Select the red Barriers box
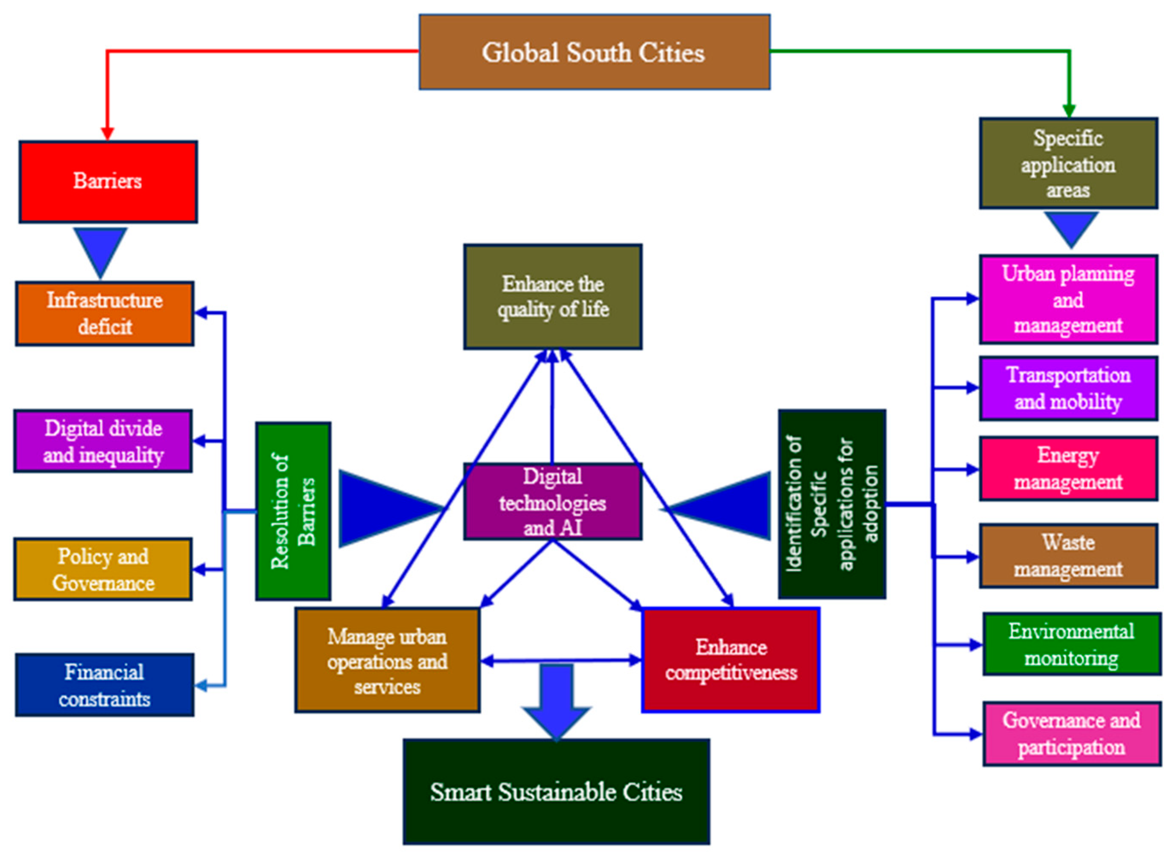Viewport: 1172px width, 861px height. (x=108, y=181)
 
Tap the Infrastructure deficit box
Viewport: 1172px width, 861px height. (x=104, y=313)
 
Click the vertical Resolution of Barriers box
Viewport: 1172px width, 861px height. (x=293, y=511)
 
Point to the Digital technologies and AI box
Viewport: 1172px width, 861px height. (x=553, y=501)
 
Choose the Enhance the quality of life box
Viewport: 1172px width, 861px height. (x=553, y=297)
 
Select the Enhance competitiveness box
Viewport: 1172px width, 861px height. (x=730, y=659)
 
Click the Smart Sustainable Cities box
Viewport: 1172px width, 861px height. (x=556, y=792)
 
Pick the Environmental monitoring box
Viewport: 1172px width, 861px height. (x=1071, y=644)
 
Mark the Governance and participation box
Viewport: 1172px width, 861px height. (x=1071, y=733)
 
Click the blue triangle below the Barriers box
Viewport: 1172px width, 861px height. (x=100, y=247)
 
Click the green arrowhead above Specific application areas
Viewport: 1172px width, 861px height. (x=1069, y=111)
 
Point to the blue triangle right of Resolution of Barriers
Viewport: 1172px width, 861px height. (x=383, y=508)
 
